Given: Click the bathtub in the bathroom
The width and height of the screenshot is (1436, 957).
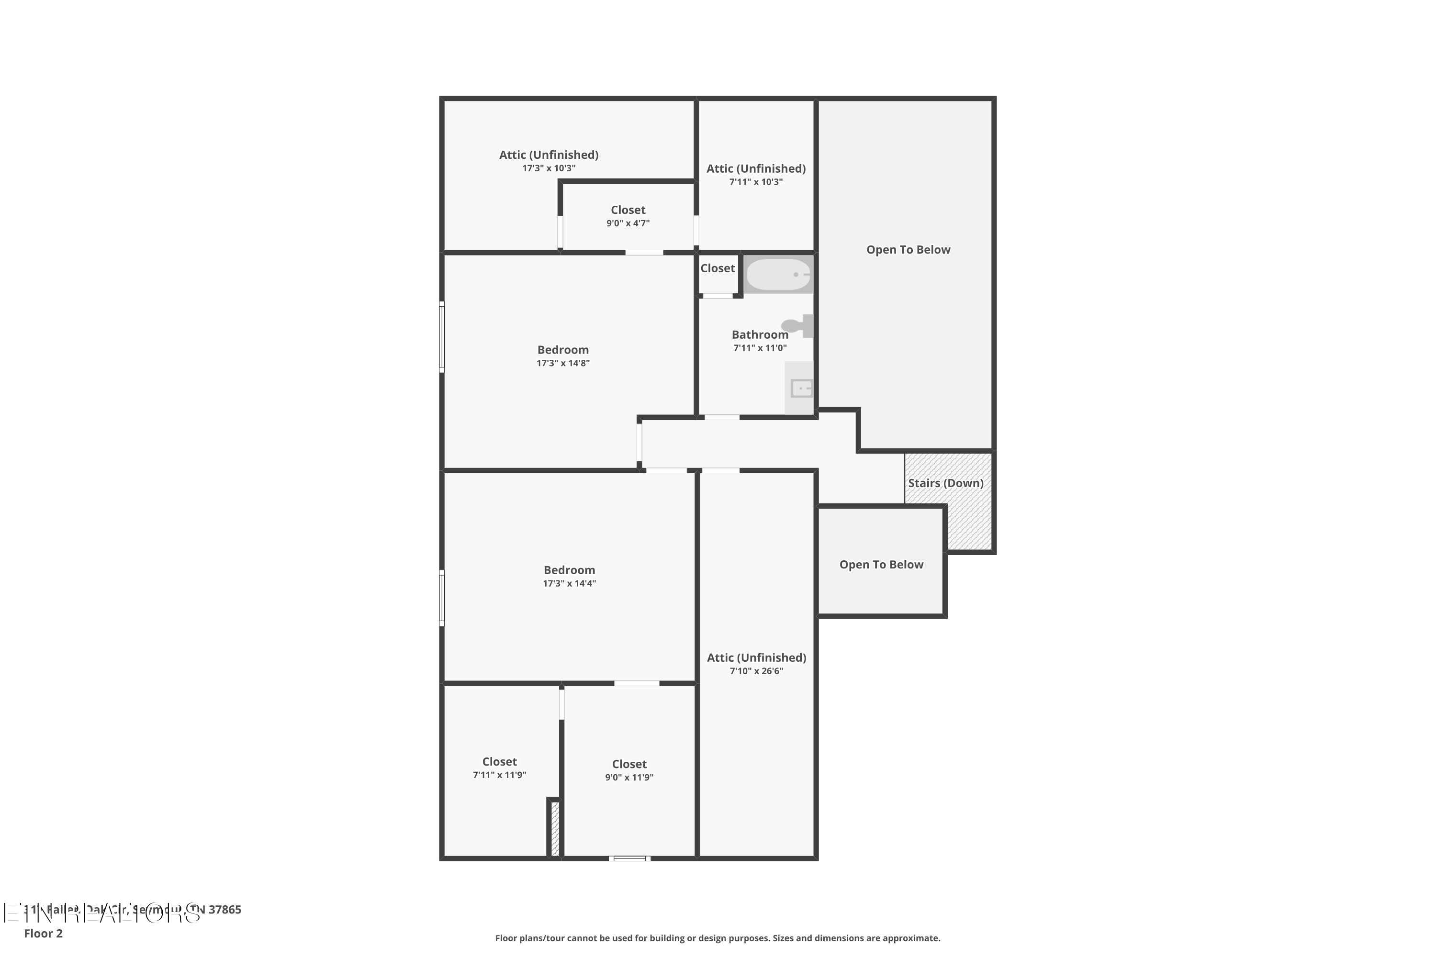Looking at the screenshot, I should click(778, 275).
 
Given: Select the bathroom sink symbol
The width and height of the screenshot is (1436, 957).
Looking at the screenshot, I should click(801, 388).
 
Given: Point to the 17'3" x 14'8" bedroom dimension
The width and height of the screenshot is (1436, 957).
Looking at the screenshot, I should click(563, 363).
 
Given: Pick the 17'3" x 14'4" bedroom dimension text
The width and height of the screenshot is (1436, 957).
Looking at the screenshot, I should click(569, 583).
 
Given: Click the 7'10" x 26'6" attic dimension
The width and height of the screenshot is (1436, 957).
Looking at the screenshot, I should click(756, 671).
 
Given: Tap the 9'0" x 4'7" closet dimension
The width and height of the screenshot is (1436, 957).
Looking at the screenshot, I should click(628, 223).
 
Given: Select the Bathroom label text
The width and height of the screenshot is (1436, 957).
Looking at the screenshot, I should click(760, 334).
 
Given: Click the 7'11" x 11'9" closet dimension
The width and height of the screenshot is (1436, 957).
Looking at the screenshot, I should click(499, 775).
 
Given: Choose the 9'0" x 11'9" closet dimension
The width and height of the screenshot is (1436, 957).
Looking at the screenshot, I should click(629, 778).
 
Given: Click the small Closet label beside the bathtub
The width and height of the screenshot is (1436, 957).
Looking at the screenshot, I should click(718, 268).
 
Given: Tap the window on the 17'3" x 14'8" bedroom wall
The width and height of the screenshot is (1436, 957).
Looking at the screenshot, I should click(442, 336).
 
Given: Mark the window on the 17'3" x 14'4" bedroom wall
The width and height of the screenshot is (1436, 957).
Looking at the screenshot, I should click(442, 598).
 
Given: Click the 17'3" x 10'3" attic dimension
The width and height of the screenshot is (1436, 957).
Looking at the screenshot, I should click(548, 168).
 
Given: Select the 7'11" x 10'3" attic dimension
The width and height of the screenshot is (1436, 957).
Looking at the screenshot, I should click(756, 182).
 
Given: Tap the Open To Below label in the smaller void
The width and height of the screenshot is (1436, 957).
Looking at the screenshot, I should click(881, 565).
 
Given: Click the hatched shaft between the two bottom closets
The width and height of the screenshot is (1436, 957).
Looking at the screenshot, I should click(555, 828).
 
